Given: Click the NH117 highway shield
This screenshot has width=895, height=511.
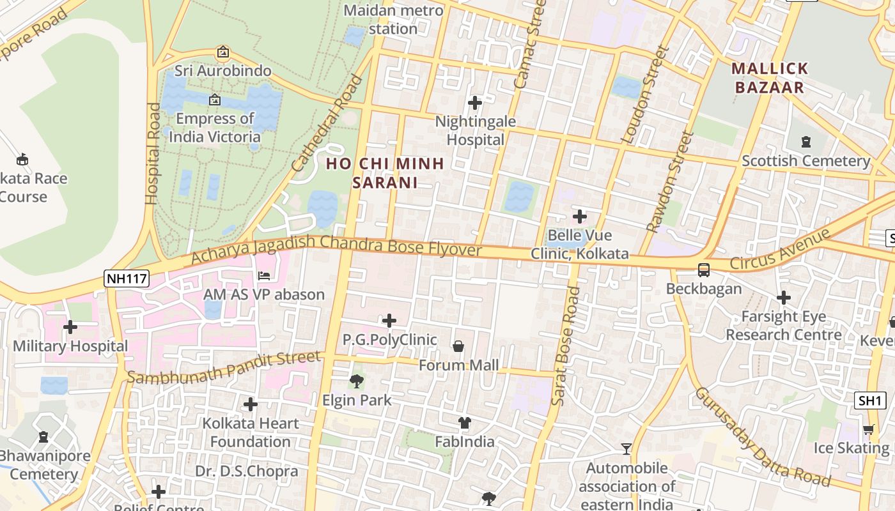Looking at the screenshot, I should (126, 278).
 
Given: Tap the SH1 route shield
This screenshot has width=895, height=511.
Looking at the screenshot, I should (870, 400).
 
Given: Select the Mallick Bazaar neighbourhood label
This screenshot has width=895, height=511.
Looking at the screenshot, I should (770, 78).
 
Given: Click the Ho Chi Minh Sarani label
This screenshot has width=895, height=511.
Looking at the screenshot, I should (385, 173).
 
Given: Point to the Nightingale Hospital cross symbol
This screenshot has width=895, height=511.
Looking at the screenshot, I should (475, 102).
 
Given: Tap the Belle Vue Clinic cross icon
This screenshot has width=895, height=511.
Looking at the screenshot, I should (580, 217).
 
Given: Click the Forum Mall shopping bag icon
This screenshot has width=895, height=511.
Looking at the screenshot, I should (458, 346).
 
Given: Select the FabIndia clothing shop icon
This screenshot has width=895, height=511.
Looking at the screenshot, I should (465, 423).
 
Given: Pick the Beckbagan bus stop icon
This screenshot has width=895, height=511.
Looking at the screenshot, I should (704, 270).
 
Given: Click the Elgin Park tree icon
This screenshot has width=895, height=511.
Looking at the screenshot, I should (357, 381).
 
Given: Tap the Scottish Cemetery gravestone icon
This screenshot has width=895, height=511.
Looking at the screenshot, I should (806, 142).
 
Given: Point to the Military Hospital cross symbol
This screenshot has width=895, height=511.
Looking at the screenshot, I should (70, 327).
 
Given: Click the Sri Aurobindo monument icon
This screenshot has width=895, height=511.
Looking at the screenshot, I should (223, 52).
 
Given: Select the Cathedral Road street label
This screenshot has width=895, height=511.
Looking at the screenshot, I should (326, 125).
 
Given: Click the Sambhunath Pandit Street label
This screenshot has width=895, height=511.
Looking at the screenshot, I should (223, 368).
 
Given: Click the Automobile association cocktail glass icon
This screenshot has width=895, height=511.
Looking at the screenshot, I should (626, 449).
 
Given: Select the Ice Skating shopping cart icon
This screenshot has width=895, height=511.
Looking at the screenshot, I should (868, 430).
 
